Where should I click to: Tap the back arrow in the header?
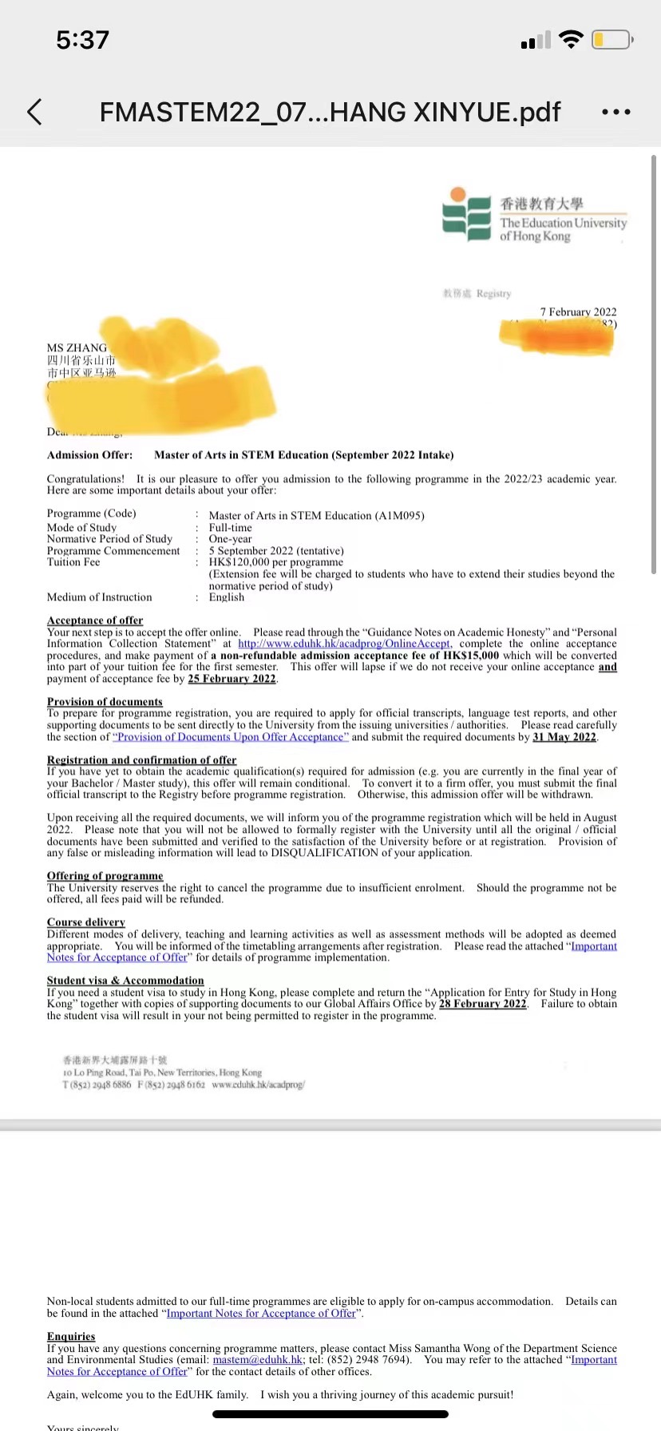coord(34,112)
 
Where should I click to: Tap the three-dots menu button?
coord(616,113)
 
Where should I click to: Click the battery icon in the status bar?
coord(612,39)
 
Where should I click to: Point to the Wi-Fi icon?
coord(571,39)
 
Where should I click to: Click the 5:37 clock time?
coord(82,39)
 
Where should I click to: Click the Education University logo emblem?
coord(466,214)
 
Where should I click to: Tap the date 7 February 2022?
coord(578,311)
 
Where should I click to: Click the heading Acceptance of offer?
coord(95,620)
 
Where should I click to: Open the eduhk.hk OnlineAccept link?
coord(344,644)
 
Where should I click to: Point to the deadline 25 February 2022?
coord(232,679)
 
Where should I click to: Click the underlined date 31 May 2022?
coord(564,737)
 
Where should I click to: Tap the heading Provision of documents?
coord(105,702)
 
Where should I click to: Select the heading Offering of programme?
coord(105,876)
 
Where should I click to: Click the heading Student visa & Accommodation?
coord(125,981)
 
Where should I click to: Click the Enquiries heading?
coord(71,1336)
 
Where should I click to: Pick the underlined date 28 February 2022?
coord(483,1004)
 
